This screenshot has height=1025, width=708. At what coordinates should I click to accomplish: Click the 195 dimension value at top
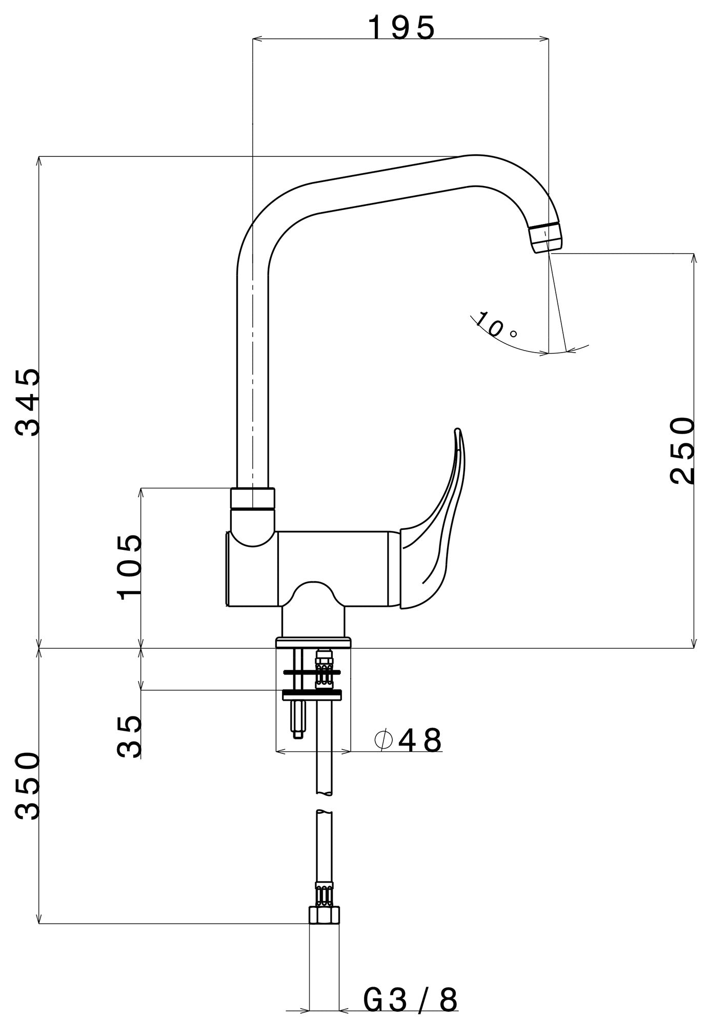click(401, 28)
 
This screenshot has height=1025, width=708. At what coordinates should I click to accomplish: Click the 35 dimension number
click(129, 736)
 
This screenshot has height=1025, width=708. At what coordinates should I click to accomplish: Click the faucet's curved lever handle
click(436, 538)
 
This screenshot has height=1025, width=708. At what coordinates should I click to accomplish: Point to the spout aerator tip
click(546, 239)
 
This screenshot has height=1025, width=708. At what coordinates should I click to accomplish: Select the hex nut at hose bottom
click(325, 915)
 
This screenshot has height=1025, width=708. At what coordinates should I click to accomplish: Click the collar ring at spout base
click(253, 499)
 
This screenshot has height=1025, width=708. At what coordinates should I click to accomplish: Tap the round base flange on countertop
click(313, 642)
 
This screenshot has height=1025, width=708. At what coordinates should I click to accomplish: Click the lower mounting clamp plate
click(312, 694)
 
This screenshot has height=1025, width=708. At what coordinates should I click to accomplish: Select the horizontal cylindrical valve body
click(333, 569)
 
